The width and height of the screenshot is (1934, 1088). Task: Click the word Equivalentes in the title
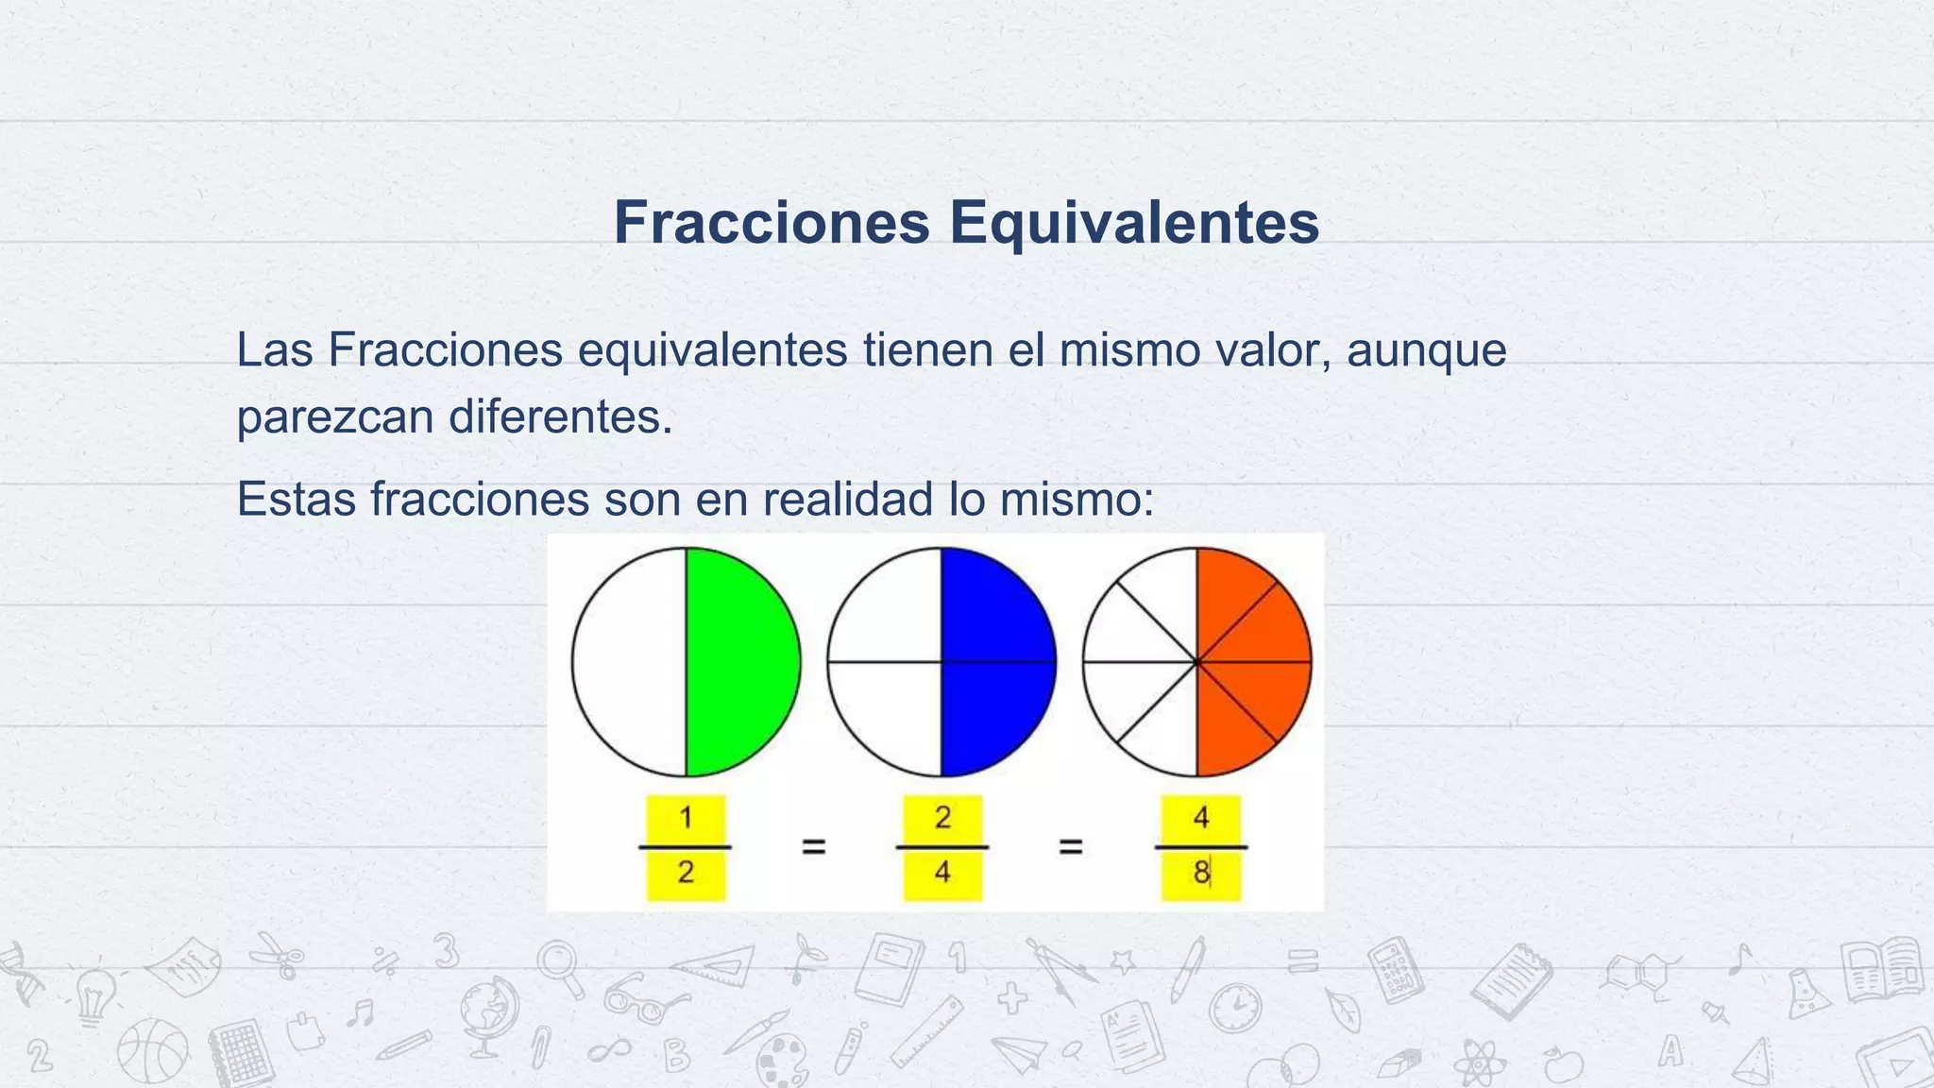(x=1134, y=223)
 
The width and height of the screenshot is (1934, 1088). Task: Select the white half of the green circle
(x=630, y=661)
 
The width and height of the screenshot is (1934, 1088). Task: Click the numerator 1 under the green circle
(x=687, y=818)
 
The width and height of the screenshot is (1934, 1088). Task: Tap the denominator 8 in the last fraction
(x=1200, y=873)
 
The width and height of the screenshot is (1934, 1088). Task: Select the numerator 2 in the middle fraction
(x=942, y=818)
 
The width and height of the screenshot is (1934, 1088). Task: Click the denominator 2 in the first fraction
(x=687, y=872)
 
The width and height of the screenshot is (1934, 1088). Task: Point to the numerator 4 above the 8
(x=1200, y=818)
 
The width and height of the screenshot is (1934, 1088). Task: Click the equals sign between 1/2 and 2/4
(x=814, y=847)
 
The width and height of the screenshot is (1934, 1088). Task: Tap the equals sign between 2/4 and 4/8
(x=1070, y=847)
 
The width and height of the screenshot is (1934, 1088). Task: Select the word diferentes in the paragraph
(x=560, y=416)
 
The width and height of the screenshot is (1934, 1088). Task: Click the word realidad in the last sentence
(x=848, y=499)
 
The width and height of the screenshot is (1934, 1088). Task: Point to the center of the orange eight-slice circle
(x=1196, y=662)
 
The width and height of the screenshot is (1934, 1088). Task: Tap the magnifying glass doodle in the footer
(x=560, y=968)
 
